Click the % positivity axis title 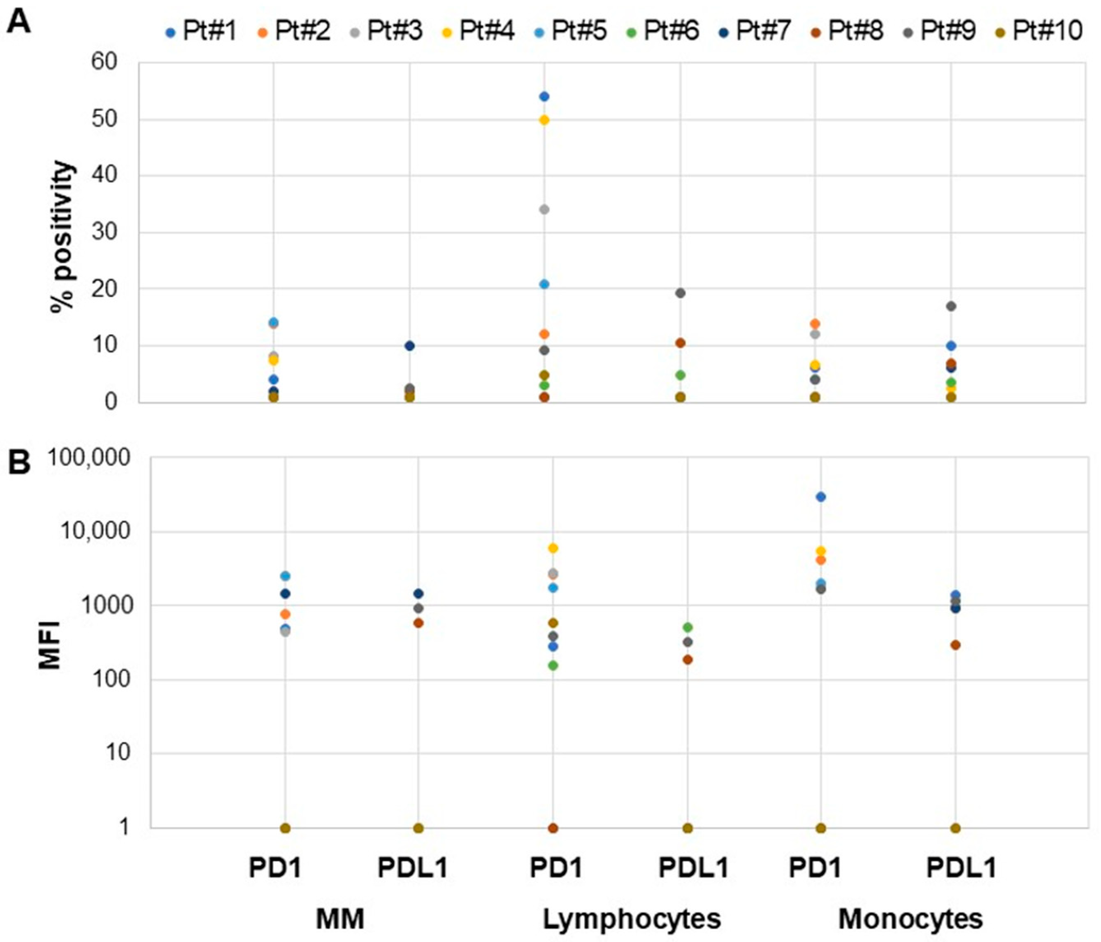pos(63,237)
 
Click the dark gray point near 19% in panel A pos(680,293)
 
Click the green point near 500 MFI pos(688,627)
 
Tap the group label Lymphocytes pos(631,919)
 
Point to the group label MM pos(340,919)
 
